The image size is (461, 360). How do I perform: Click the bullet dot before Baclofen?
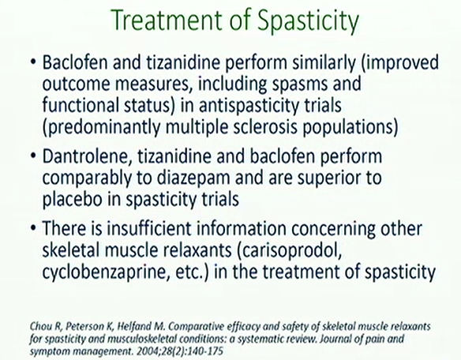point(34,63)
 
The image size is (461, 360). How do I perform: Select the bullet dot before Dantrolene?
point(34,157)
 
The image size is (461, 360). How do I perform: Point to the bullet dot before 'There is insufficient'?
point(34,229)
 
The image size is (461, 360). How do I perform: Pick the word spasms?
point(300,84)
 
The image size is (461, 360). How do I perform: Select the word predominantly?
point(104,127)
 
